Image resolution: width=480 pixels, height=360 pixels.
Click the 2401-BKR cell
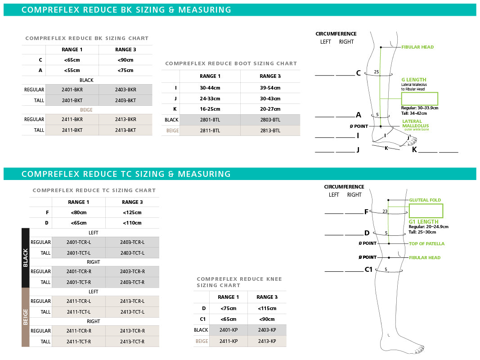tap(72, 90)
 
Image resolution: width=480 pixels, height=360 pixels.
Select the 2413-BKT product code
tap(126, 130)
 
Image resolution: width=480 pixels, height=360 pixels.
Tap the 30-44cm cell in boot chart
tap(210, 88)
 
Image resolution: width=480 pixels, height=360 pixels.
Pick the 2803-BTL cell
tap(270, 120)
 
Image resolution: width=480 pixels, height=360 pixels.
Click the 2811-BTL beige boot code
tap(210, 130)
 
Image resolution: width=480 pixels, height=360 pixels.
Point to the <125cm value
tap(132, 213)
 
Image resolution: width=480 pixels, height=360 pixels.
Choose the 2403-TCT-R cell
tap(132, 282)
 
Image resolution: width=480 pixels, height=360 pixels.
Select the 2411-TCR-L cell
tap(79, 301)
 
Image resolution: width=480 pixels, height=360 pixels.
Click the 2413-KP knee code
tap(267, 341)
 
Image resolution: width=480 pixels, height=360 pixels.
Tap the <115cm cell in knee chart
tap(267, 308)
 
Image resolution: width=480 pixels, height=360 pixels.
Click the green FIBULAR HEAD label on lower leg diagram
tap(417, 47)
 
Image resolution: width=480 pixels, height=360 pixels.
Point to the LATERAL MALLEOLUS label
tap(415, 124)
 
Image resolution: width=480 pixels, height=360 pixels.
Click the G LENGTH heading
tap(413, 80)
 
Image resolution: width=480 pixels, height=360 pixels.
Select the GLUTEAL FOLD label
tap(425, 200)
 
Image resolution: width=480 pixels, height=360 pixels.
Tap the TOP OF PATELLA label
tap(426, 244)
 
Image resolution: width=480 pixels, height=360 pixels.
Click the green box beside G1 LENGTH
tap(426, 211)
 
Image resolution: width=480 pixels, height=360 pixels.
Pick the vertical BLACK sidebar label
tap(26, 258)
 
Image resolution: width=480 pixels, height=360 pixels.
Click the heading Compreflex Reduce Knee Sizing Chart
tap(239, 282)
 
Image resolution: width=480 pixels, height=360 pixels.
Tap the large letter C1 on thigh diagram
tap(368, 270)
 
